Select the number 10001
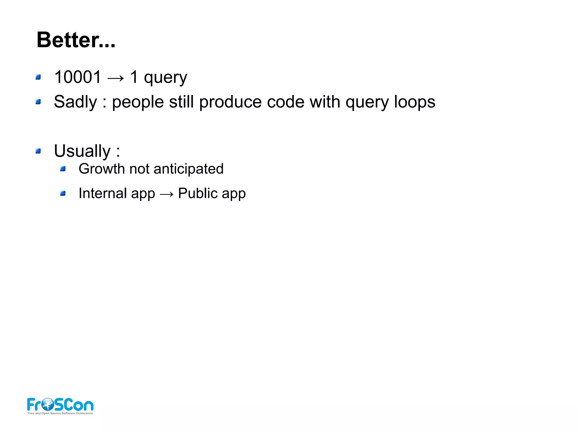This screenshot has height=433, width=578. pyautogui.click(x=78, y=77)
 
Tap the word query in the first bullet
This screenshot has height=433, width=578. pyautogui.click(x=165, y=78)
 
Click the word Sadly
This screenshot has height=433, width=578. pyautogui.click(x=75, y=102)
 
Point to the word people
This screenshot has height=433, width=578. pyautogui.click(x=138, y=102)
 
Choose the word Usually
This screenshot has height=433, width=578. pyautogui.click(x=82, y=151)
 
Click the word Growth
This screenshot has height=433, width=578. pyautogui.click(x=102, y=169)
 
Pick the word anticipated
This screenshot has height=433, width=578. pyautogui.click(x=188, y=169)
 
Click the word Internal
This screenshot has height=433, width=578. pyautogui.click(x=103, y=194)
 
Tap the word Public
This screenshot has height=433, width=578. pyautogui.click(x=198, y=194)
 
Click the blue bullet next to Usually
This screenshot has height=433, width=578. pyautogui.click(x=38, y=151)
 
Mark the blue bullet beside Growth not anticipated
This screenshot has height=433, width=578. pyautogui.click(x=63, y=169)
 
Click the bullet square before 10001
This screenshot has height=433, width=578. pyautogui.click(x=38, y=77)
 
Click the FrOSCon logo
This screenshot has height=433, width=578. pyautogui.click(x=60, y=405)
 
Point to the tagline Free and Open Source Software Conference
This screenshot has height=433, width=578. pyautogui.click(x=60, y=413)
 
